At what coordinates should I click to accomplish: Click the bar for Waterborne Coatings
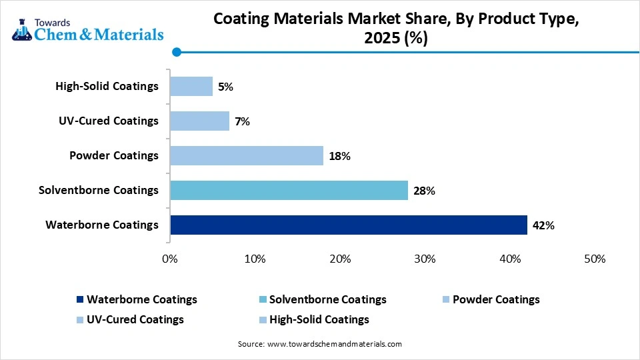pyautogui.click(x=349, y=225)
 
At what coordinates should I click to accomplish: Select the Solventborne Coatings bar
pyautogui.click(x=289, y=190)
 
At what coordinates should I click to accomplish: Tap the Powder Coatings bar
pyautogui.click(x=247, y=155)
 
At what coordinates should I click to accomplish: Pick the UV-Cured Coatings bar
pyautogui.click(x=199, y=121)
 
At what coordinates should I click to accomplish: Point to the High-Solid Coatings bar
pyautogui.click(x=191, y=86)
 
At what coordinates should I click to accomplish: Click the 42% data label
pyautogui.click(x=543, y=225)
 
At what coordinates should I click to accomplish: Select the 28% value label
pyautogui.click(x=424, y=191)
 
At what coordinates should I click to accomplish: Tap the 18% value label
pyautogui.click(x=339, y=156)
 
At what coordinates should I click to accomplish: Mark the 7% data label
pyautogui.click(x=241, y=121)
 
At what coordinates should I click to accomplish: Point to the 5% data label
pyautogui.click(x=225, y=87)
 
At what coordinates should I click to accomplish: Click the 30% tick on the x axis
pyautogui.click(x=425, y=259)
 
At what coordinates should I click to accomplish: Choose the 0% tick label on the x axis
pyautogui.click(x=170, y=259)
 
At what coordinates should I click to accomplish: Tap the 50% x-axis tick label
pyautogui.click(x=594, y=259)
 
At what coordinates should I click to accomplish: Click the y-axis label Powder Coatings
pyautogui.click(x=114, y=155)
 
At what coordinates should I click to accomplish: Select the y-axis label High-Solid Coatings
pyautogui.click(x=107, y=86)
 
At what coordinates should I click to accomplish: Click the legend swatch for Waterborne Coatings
pyautogui.click(x=81, y=300)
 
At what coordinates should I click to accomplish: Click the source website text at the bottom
pyautogui.click(x=319, y=344)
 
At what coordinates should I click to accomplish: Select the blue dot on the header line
pyautogui.click(x=176, y=52)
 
